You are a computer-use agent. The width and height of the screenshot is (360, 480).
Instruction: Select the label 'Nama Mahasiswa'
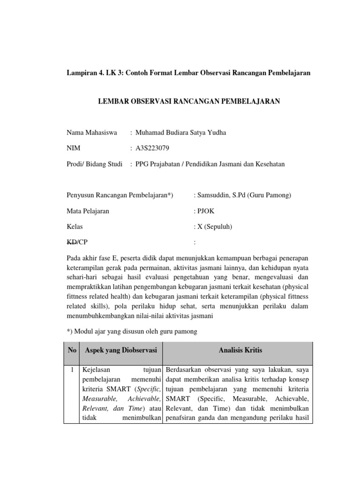pyautogui.click(x=92, y=133)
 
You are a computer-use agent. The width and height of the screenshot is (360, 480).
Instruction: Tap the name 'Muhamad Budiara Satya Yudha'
pyautogui.click(x=180, y=133)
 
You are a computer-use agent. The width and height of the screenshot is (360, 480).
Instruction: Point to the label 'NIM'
pyautogui.click(x=74, y=148)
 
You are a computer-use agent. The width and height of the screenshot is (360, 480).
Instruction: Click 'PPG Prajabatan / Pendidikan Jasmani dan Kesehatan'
pyautogui.click(x=210, y=164)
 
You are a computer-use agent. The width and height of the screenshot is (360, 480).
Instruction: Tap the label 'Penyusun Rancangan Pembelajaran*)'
pyautogui.click(x=120, y=195)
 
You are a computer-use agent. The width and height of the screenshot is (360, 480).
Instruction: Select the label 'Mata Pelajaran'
pyautogui.click(x=88, y=211)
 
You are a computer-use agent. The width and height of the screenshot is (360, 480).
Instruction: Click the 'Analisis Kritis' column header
pyautogui.click(x=240, y=350)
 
